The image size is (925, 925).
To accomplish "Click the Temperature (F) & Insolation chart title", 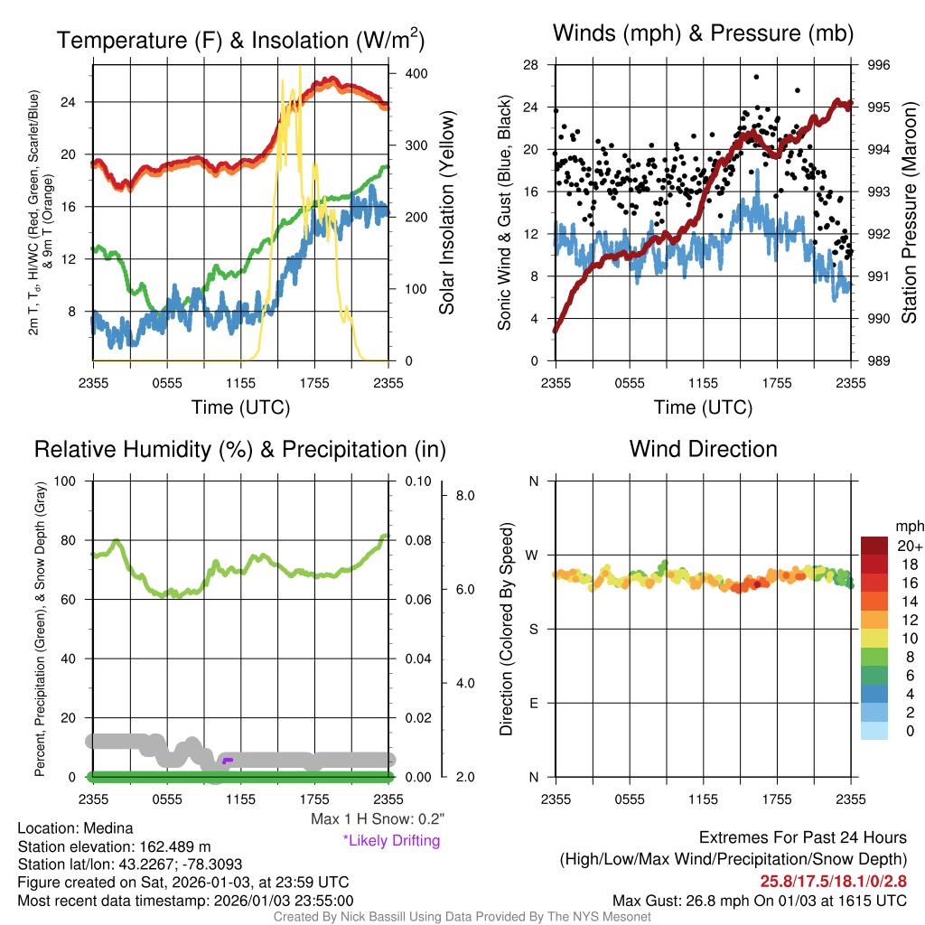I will click(x=241, y=40).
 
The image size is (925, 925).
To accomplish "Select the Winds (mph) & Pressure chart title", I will click(x=703, y=33).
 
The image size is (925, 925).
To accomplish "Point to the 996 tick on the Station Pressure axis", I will click(x=878, y=65).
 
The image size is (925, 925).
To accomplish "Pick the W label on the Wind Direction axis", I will click(x=533, y=555).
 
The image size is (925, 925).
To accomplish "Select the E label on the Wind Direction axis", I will click(x=533, y=703).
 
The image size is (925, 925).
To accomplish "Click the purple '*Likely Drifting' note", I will click(x=391, y=840).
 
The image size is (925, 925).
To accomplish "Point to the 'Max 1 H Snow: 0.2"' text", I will click(x=377, y=818).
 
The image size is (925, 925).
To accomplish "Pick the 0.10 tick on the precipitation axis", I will click(x=416, y=481).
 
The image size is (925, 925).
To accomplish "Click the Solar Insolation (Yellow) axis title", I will click(x=446, y=213).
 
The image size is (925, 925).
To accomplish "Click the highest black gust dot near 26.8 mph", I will click(x=756, y=77).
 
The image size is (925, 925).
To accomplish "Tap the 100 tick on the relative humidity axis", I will click(x=70, y=481).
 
